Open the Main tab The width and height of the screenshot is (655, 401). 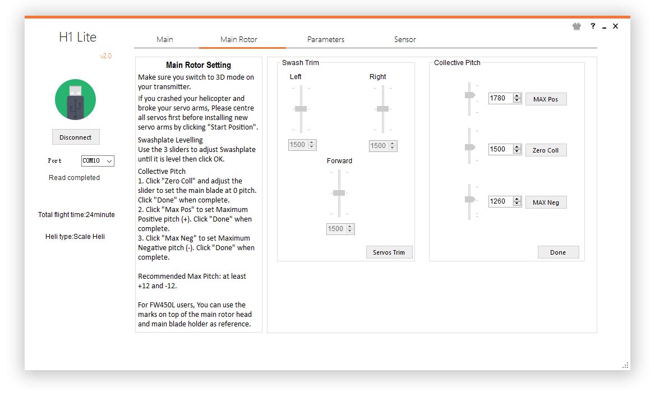(x=164, y=39)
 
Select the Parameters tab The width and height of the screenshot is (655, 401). (x=326, y=39)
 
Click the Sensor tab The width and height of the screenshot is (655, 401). (x=405, y=39)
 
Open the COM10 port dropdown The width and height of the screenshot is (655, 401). (x=98, y=161)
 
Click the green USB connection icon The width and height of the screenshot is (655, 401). (x=76, y=100)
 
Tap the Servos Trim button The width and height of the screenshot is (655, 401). (x=389, y=252)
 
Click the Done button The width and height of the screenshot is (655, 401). (x=558, y=252)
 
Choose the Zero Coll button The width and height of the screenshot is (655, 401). (x=546, y=150)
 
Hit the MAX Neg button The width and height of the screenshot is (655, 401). (x=546, y=202)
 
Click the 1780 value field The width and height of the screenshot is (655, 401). (x=500, y=98)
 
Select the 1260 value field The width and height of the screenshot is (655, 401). (x=500, y=201)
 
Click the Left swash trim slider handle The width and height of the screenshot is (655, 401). (x=301, y=109)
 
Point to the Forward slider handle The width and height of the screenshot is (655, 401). (x=339, y=193)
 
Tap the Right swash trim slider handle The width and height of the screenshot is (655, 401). (x=382, y=109)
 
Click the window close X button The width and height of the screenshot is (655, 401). (x=615, y=26)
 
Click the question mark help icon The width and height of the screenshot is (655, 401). (x=593, y=26)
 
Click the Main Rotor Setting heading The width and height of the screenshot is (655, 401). (x=199, y=65)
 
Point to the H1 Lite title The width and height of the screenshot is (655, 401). (x=78, y=37)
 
